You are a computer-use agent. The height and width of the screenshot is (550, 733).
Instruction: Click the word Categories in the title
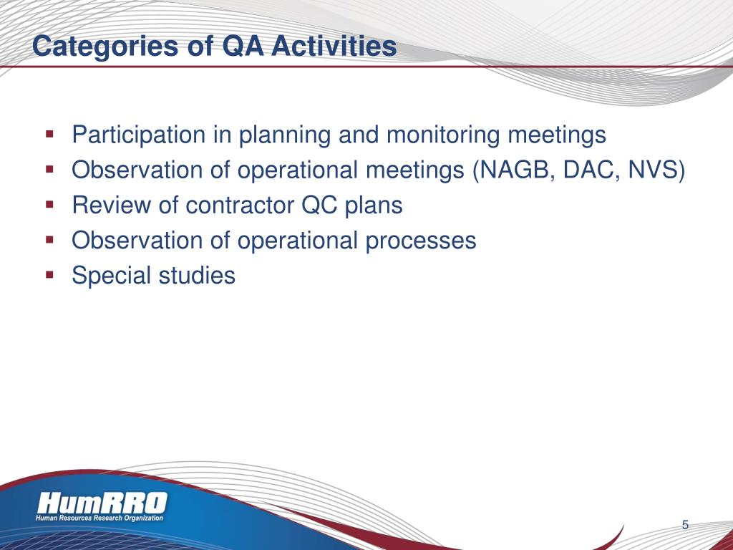tap(106, 47)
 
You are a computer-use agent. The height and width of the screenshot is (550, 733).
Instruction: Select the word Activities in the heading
tap(334, 46)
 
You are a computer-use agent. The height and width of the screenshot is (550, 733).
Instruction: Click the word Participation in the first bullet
tap(138, 135)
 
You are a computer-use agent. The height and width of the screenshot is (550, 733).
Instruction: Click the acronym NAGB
tap(515, 170)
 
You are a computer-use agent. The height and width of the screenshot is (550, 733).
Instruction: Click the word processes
tap(421, 241)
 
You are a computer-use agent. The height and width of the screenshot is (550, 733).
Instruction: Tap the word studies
tap(197, 275)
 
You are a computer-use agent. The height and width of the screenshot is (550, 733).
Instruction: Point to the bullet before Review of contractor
tap(49, 204)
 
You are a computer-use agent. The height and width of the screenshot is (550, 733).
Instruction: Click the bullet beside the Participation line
tap(49, 134)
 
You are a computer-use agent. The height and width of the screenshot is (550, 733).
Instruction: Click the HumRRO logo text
tap(102, 503)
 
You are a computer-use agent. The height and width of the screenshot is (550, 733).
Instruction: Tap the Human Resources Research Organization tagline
tap(99, 518)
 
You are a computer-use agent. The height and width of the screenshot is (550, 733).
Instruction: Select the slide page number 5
tap(685, 525)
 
